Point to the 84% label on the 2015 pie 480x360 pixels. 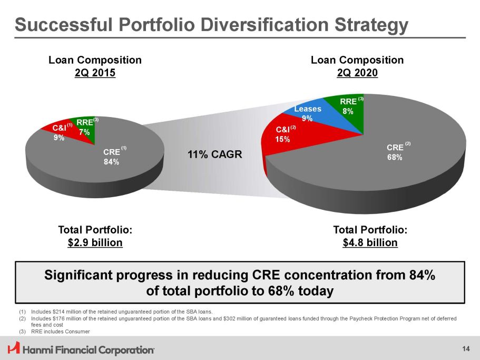111,162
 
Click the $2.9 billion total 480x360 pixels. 95,242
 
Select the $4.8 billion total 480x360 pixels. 370,242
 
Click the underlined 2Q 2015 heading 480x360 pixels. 95,73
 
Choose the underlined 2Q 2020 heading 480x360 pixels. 357,73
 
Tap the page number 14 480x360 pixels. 465,348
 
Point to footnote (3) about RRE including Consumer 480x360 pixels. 61,332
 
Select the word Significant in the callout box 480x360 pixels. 80,276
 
